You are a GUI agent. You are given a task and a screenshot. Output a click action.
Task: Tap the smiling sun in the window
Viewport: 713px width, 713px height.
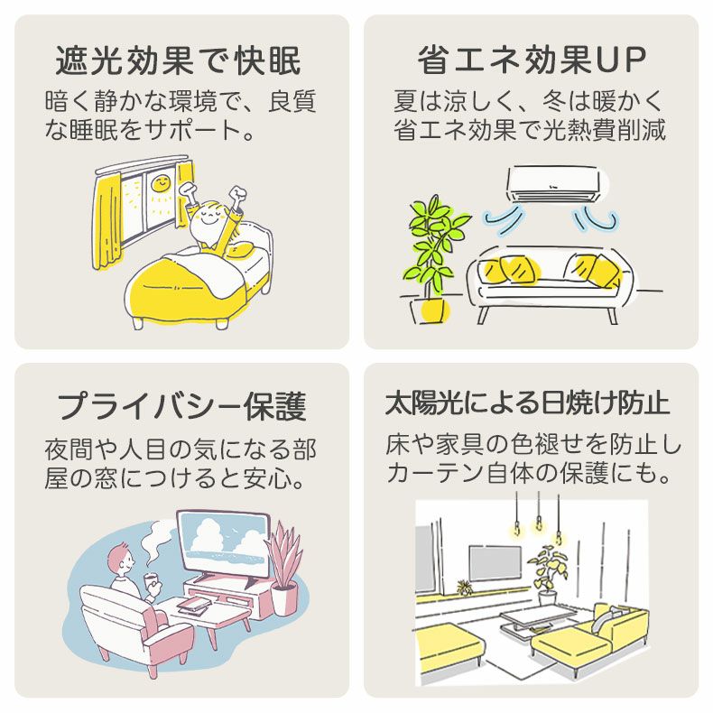click(x=159, y=183)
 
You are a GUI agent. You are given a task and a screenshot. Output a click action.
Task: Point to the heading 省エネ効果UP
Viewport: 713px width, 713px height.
click(x=532, y=61)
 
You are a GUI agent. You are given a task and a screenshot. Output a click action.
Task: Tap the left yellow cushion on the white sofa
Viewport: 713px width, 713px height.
click(x=509, y=270)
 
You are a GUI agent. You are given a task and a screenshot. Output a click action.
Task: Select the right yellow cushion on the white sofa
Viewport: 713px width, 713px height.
click(x=597, y=267)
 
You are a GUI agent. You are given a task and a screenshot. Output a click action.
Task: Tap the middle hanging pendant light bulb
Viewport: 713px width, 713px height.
click(x=539, y=523)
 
